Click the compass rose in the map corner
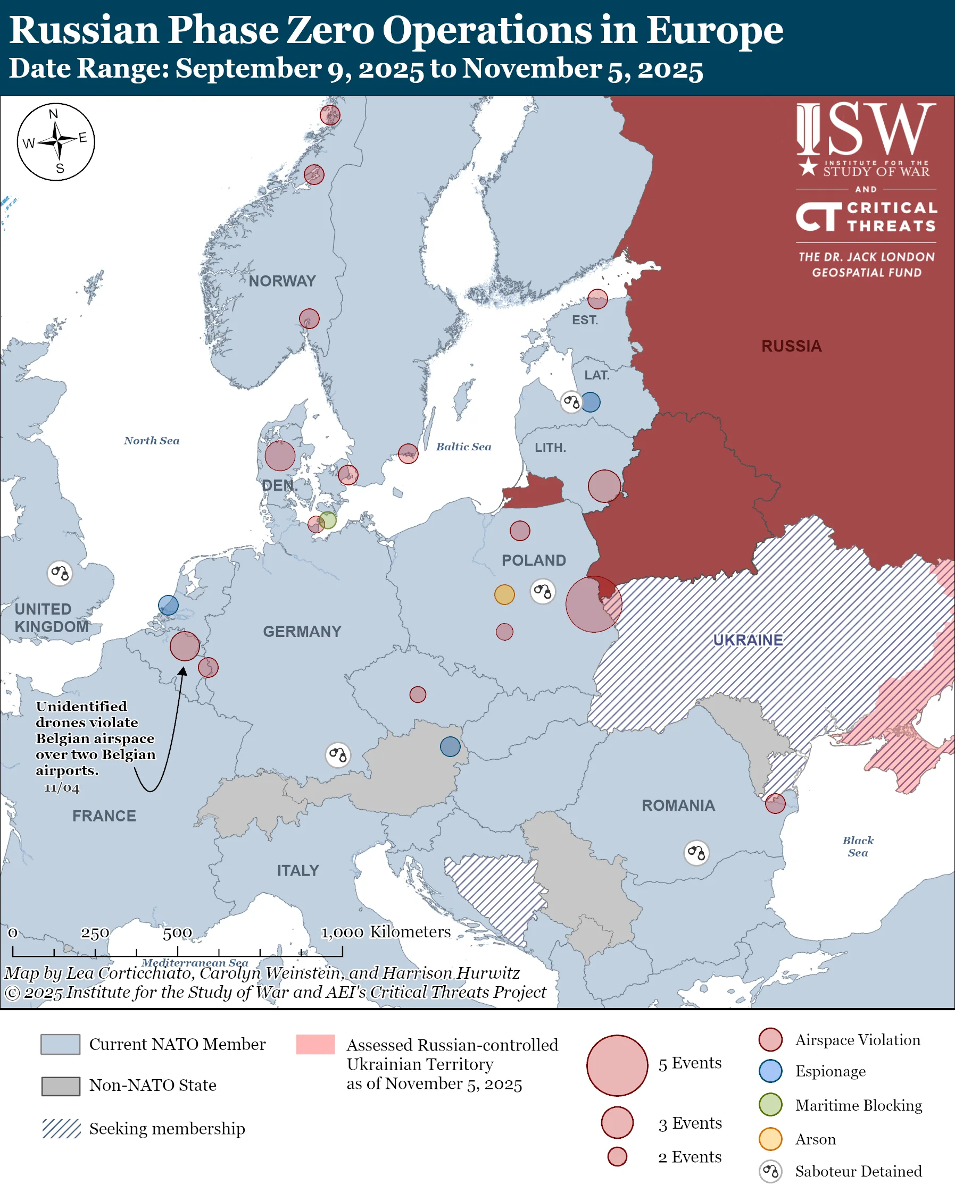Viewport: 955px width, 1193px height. click(56, 141)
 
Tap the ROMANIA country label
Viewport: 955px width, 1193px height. click(678, 805)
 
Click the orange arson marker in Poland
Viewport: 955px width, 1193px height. click(504, 595)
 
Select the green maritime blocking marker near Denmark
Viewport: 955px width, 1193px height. click(328, 520)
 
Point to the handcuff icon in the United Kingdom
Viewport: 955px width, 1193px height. click(60, 573)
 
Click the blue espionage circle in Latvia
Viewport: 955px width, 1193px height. click(590, 402)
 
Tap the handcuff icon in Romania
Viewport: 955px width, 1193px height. click(696, 853)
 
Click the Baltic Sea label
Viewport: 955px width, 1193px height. click(463, 447)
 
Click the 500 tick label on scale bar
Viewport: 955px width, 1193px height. click(177, 934)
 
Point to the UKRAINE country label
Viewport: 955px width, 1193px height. click(748, 640)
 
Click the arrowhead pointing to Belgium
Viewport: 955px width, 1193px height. click(182, 671)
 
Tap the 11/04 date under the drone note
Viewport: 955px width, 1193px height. click(62, 788)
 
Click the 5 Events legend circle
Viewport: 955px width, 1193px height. click(617, 1066)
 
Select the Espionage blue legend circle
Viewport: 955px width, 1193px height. click(770, 1071)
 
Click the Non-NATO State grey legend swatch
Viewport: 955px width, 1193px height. click(61, 1086)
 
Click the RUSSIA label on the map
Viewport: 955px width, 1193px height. click(791, 347)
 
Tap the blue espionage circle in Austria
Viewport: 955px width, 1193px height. click(450, 746)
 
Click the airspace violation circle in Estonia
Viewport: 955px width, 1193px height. click(597, 299)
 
